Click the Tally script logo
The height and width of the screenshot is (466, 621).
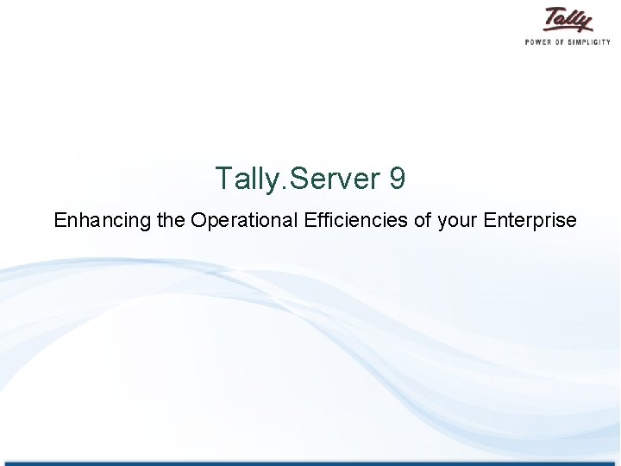(568, 20)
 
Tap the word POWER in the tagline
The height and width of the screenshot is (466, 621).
(540, 41)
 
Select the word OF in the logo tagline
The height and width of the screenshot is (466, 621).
(563, 41)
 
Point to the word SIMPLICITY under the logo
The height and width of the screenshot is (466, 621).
(592, 41)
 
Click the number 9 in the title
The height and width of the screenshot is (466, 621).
(398, 179)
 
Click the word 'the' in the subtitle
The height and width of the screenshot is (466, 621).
(172, 220)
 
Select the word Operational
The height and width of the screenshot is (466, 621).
(245, 221)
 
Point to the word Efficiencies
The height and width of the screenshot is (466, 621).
(356, 220)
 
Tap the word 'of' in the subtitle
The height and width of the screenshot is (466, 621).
(423, 220)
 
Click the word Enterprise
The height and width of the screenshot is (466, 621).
(530, 221)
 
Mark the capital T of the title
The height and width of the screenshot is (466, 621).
(223, 179)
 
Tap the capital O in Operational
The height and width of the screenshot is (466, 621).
(199, 220)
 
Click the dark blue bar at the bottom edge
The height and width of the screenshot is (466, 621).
(310, 463)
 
